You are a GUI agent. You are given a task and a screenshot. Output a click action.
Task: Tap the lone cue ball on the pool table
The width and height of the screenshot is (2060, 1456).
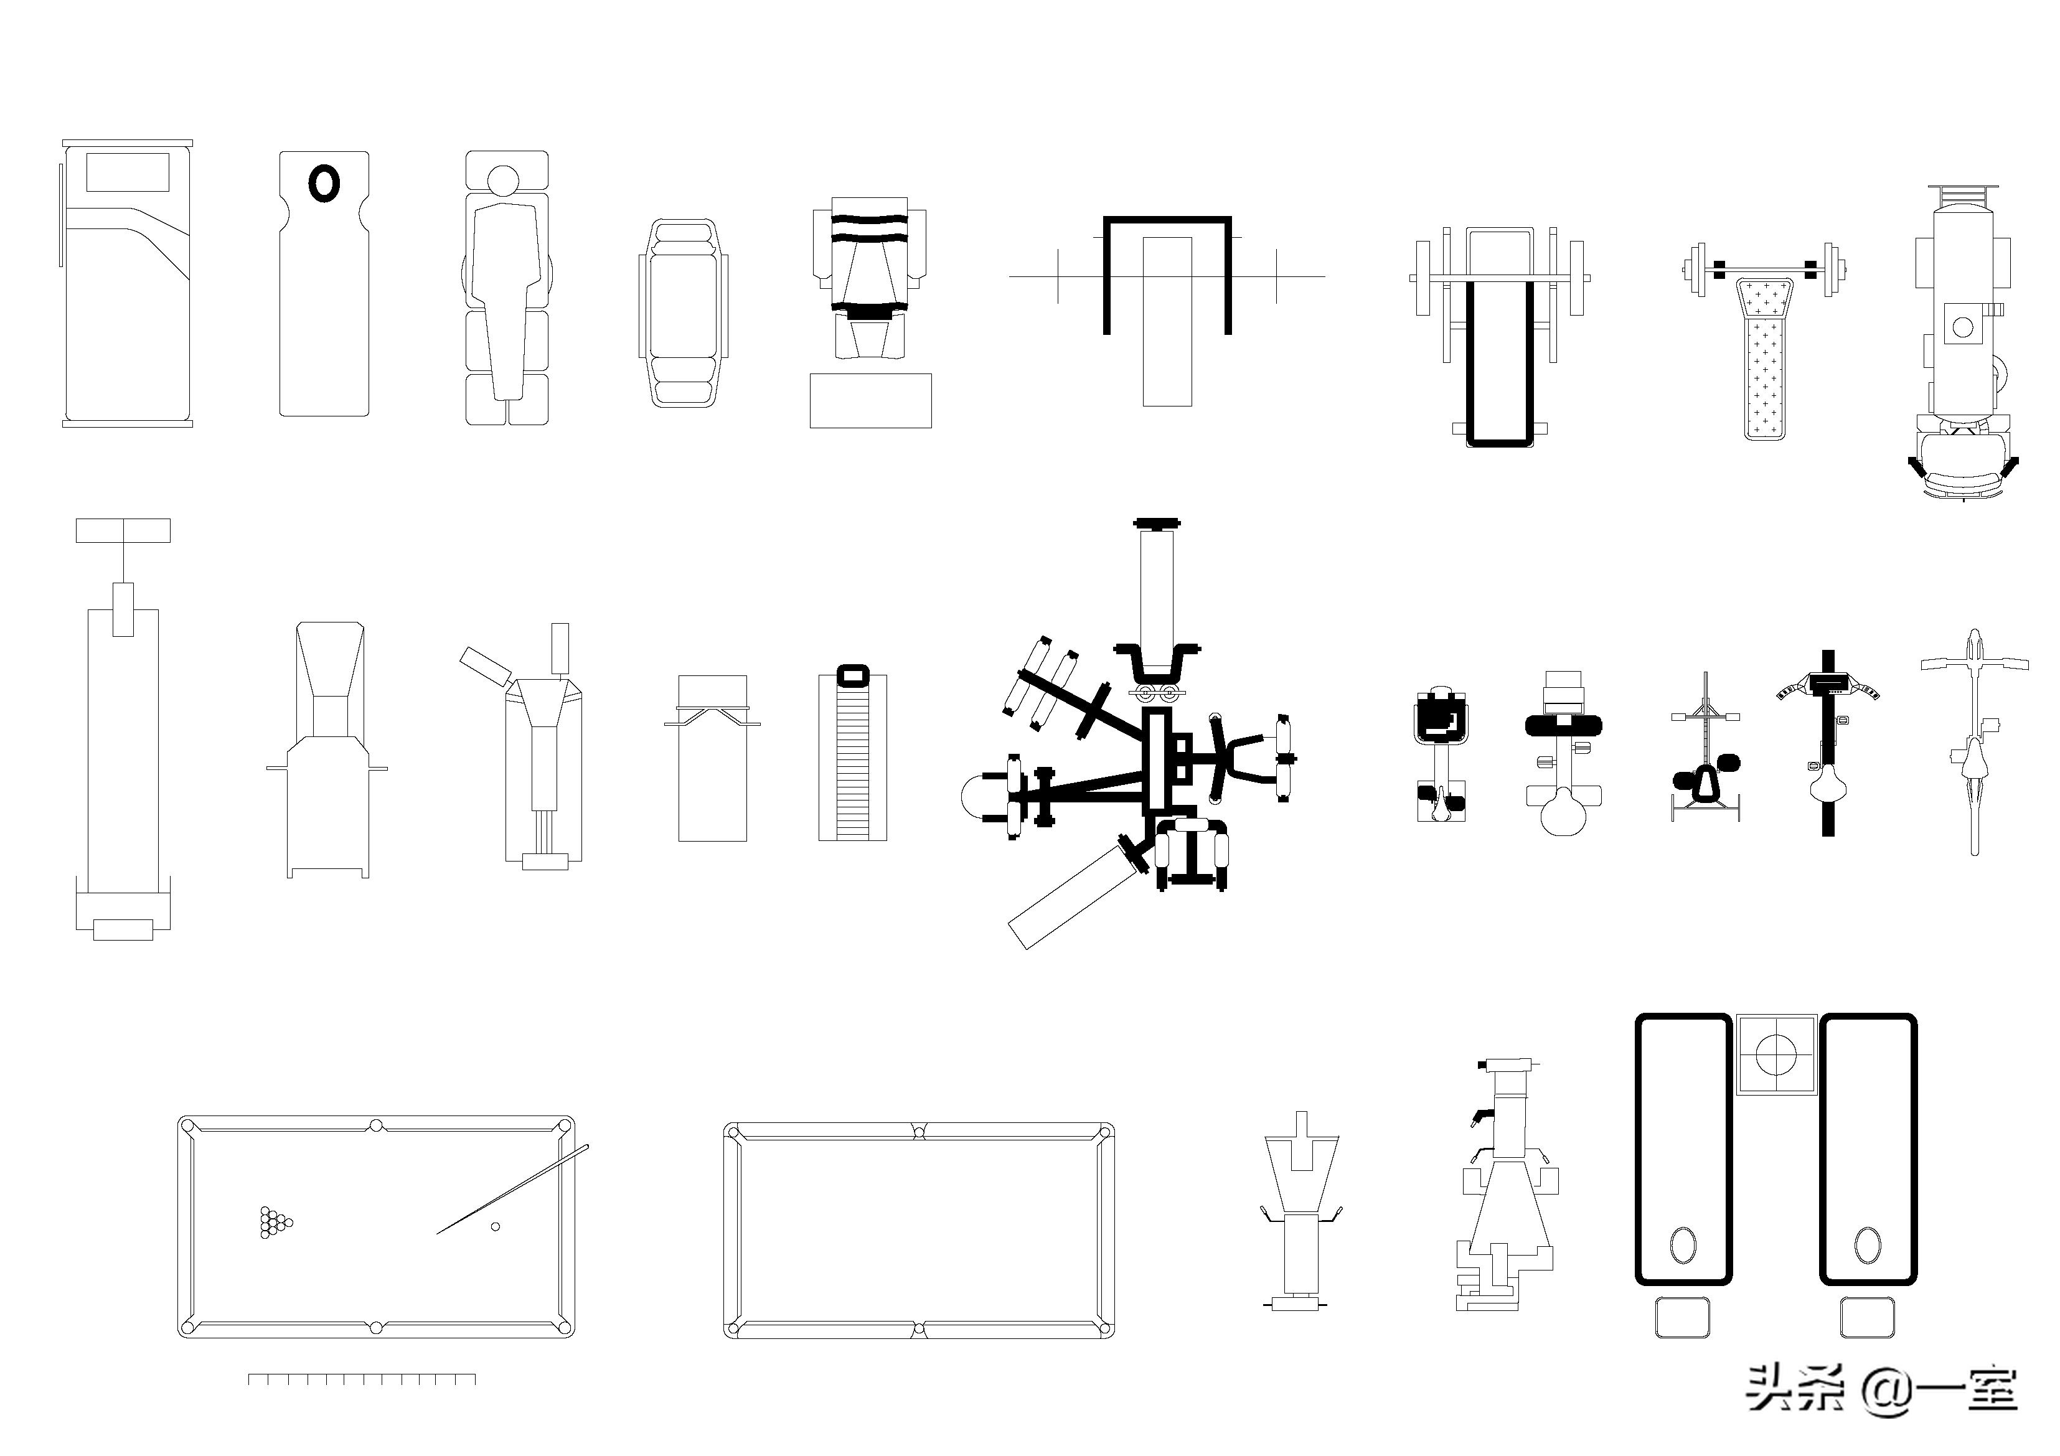pyautogui.click(x=496, y=1226)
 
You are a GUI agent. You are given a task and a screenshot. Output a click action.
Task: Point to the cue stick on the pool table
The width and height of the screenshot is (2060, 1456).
pyautogui.click(x=513, y=1189)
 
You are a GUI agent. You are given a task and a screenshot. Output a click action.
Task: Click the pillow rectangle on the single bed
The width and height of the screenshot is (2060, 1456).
pyautogui.click(x=128, y=172)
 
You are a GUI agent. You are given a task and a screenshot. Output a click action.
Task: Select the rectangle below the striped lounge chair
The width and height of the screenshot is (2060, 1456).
pyautogui.click(x=870, y=400)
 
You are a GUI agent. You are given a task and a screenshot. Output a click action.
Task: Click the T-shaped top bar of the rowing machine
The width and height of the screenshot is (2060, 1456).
pyautogui.click(x=123, y=530)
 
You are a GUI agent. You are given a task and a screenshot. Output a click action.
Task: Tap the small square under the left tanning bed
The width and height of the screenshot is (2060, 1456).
pyautogui.click(x=1682, y=1318)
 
